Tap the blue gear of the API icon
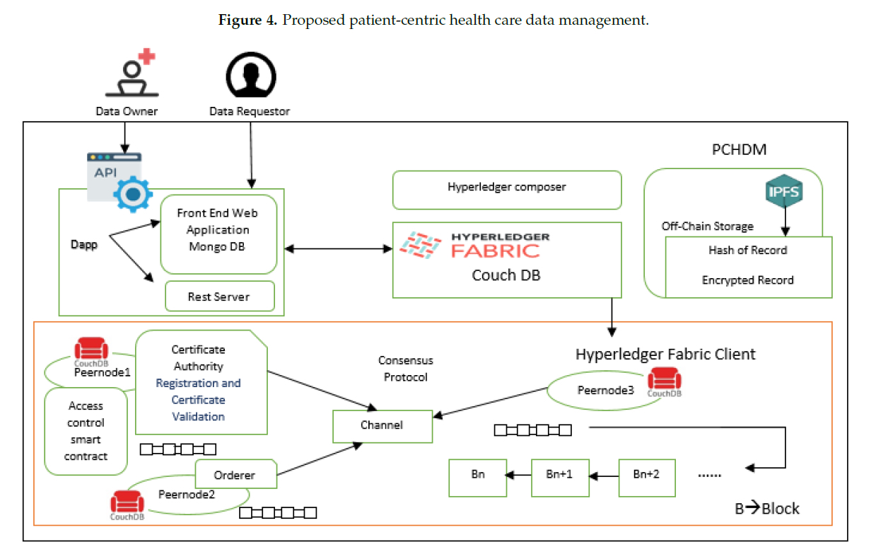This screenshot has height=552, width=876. click(133, 195)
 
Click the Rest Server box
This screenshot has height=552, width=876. click(219, 297)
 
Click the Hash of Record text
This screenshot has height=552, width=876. click(747, 250)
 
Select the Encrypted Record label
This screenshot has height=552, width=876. click(747, 280)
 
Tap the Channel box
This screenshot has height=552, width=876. click(382, 425)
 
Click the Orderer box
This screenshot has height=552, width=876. click(235, 475)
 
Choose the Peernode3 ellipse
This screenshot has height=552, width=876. click(600, 390)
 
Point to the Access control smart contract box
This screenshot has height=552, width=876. click(86, 431)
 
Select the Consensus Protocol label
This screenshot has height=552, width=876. click(406, 369)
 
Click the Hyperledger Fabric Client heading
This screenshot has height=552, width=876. click(665, 354)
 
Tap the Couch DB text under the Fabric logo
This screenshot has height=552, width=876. click(506, 275)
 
